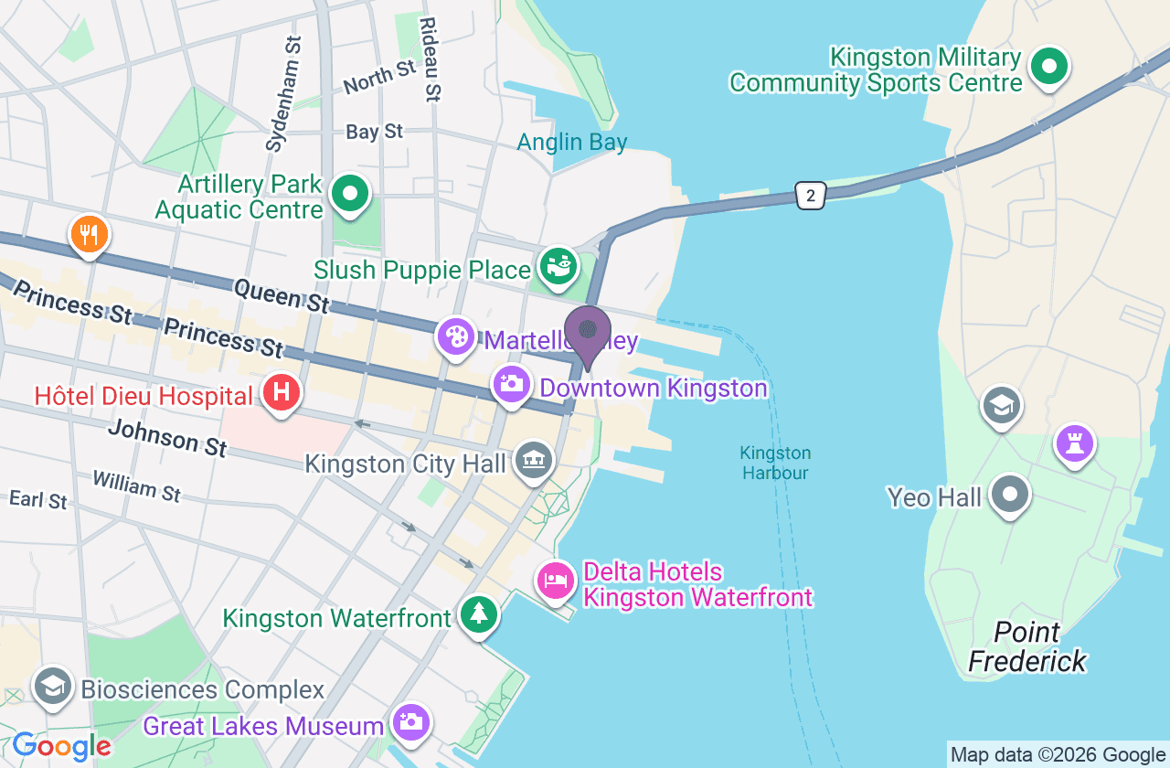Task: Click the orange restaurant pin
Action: tap(89, 234)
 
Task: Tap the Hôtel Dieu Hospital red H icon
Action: tap(282, 392)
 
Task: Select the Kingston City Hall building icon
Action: tap(533, 460)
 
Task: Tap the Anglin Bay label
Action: tap(571, 142)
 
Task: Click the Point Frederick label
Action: tap(1027, 646)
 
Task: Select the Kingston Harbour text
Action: tap(775, 463)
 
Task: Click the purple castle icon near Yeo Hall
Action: tap(1075, 444)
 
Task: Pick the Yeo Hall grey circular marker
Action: tap(1010, 495)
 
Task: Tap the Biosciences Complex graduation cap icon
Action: tap(52, 686)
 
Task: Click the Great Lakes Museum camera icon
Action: tap(410, 722)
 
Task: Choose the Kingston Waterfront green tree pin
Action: tap(478, 614)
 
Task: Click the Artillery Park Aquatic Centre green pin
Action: tap(349, 194)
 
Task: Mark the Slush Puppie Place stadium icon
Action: tap(557, 266)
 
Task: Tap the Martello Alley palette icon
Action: tap(455, 336)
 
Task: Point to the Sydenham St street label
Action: tap(282, 93)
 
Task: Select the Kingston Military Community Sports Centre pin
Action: tap(1049, 67)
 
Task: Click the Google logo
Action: tap(61, 746)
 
